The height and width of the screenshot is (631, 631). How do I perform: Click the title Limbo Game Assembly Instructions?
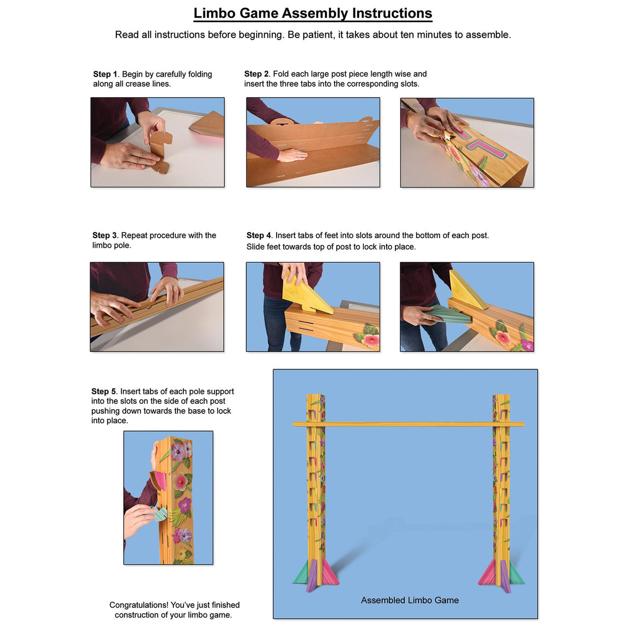[x=313, y=13]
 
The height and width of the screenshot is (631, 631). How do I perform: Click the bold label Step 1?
[x=105, y=74]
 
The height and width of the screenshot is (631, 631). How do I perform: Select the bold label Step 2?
[x=256, y=74]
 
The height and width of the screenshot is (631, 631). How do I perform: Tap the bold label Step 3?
[x=105, y=236]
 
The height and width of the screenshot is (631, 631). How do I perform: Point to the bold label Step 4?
[x=259, y=236]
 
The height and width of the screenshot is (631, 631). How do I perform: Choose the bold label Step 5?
[x=104, y=391]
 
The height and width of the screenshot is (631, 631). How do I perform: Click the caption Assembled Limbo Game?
[x=410, y=600]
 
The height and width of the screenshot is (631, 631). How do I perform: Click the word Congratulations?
[x=139, y=605]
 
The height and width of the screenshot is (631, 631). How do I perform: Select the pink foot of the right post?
[x=489, y=574]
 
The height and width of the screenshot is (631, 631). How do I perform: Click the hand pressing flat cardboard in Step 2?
[x=293, y=155]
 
